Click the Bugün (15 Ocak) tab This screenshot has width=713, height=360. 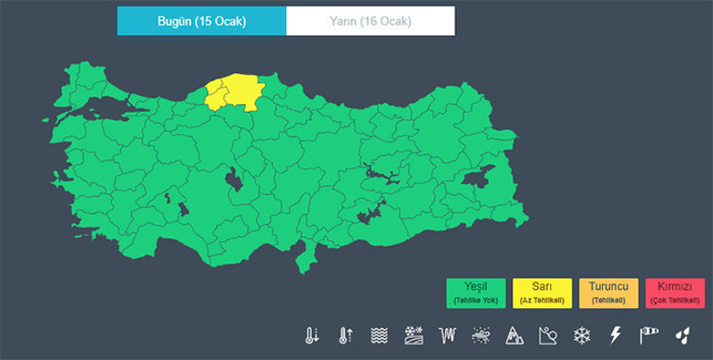[x=201, y=20]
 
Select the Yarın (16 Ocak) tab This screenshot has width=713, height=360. [x=369, y=20]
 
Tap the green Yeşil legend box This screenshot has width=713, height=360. [x=475, y=292]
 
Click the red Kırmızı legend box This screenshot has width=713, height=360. [x=676, y=292]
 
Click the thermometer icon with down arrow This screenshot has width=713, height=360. [x=312, y=335]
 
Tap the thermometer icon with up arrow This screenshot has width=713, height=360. [x=345, y=335]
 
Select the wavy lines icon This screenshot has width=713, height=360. [x=379, y=335]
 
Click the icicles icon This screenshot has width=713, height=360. [x=448, y=335]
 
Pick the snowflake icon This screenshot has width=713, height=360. [x=582, y=335]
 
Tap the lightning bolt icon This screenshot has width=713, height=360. [x=616, y=335]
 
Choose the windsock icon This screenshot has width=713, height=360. [x=649, y=335]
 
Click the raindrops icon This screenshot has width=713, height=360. [x=682, y=335]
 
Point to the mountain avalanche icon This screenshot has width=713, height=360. [x=515, y=335]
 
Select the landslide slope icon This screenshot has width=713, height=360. [x=548, y=335]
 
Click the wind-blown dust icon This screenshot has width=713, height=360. [x=482, y=335]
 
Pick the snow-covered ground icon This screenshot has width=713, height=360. [x=413, y=335]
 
